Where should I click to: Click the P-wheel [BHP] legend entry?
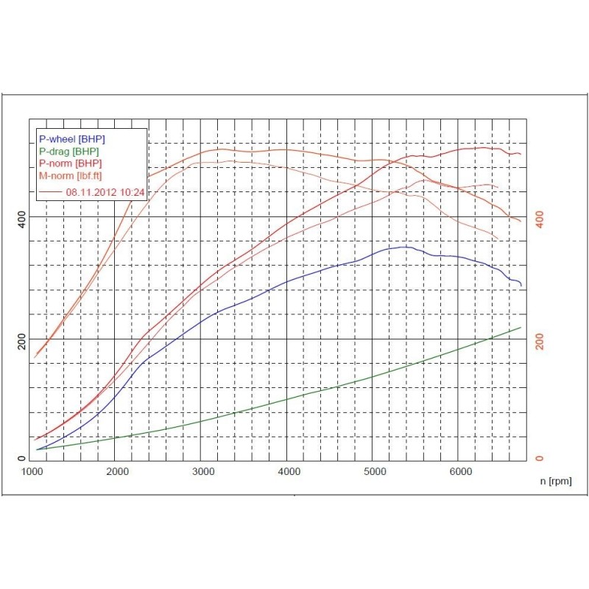71,138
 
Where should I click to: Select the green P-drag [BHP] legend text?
70,151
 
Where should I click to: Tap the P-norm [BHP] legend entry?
71,163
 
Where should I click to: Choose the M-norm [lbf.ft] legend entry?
71,175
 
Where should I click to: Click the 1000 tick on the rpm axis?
32,471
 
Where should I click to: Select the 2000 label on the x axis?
118,471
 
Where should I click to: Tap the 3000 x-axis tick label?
203,471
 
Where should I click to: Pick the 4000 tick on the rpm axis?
289,471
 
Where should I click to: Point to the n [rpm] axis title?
555,482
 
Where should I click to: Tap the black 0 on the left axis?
22,459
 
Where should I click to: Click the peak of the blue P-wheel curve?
403,247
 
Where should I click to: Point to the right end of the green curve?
521,327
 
